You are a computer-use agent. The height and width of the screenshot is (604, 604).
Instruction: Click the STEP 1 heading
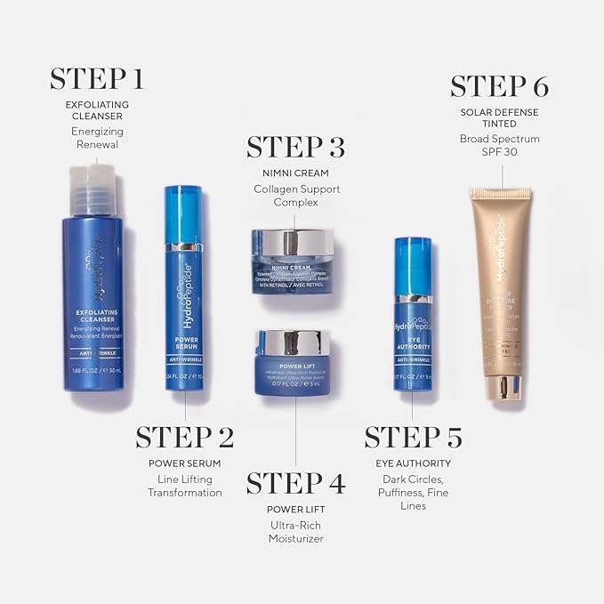[x=96, y=78]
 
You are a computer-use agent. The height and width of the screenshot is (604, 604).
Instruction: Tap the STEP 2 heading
[x=184, y=437]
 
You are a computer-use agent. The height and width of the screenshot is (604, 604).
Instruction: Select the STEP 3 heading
[x=295, y=147]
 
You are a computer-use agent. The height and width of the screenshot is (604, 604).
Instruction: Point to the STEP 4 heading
[x=295, y=483]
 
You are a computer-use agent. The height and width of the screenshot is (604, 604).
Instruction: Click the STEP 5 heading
[x=414, y=437]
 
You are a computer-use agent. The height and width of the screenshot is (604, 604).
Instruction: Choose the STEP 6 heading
[x=499, y=86]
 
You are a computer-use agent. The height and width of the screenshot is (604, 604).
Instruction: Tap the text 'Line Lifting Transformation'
[x=184, y=486]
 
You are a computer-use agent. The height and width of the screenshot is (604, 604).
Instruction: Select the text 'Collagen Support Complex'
[x=295, y=196]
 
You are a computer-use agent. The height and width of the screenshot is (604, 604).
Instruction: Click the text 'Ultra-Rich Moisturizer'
[x=295, y=532]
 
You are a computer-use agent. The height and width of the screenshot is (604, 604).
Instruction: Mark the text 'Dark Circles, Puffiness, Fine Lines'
[x=414, y=492]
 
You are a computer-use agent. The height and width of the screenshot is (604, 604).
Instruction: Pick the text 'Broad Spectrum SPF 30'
[x=499, y=145]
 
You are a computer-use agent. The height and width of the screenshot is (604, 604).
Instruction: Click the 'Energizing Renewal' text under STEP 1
[x=97, y=138]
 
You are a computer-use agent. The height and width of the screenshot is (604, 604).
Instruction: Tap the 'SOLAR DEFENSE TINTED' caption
[x=499, y=118]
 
